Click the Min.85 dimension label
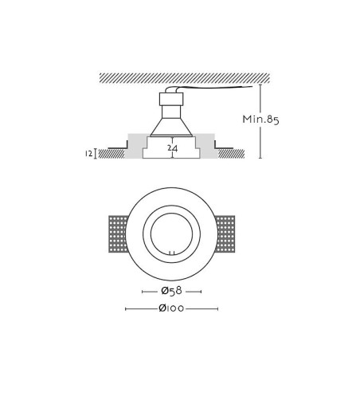(260, 120)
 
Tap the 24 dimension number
(173, 148)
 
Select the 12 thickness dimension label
(89, 154)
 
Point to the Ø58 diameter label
(171, 291)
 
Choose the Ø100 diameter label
(171, 308)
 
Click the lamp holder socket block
(171, 99)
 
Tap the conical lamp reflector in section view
(171, 127)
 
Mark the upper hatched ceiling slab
(185, 78)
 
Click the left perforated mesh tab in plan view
(118, 233)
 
